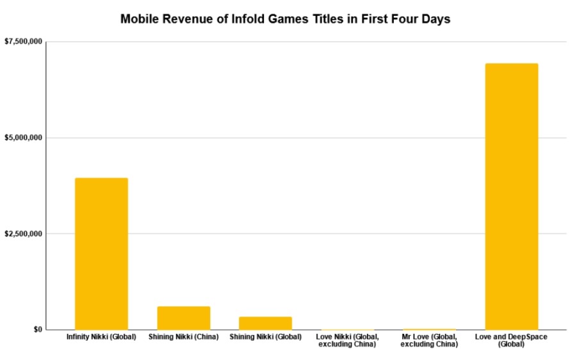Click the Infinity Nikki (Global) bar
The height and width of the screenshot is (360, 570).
click(x=101, y=254)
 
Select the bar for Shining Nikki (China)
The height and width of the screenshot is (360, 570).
click(x=184, y=318)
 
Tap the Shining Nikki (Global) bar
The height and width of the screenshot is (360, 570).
click(x=266, y=323)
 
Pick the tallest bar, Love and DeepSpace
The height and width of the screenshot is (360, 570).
click(x=511, y=196)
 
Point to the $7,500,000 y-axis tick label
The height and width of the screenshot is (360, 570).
click(x=23, y=42)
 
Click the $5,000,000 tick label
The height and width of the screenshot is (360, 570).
click(x=23, y=138)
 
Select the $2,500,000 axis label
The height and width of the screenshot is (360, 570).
click(x=23, y=234)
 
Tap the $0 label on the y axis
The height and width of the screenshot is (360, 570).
click(x=38, y=329)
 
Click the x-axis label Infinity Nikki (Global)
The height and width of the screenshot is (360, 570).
click(x=101, y=337)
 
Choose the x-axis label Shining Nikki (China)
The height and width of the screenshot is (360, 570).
click(x=184, y=337)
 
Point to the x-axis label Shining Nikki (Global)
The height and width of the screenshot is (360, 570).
click(x=266, y=337)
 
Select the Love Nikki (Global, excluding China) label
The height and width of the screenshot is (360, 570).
click(x=348, y=340)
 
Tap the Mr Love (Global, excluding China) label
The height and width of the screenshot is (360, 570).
click(x=429, y=340)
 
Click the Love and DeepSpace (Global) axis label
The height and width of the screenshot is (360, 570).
click(x=511, y=340)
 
